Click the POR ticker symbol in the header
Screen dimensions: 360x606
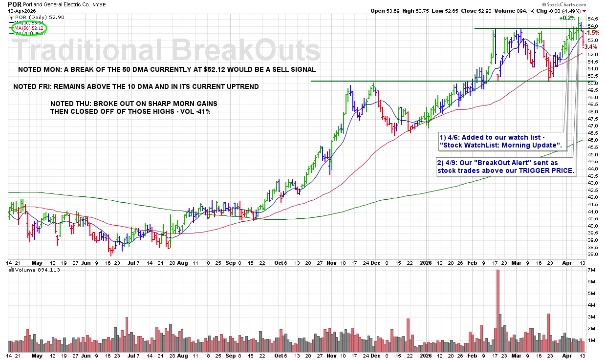click(x=15, y=4)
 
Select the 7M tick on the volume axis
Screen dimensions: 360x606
click(x=591, y=270)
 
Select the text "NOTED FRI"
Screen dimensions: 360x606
click(x=33, y=86)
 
